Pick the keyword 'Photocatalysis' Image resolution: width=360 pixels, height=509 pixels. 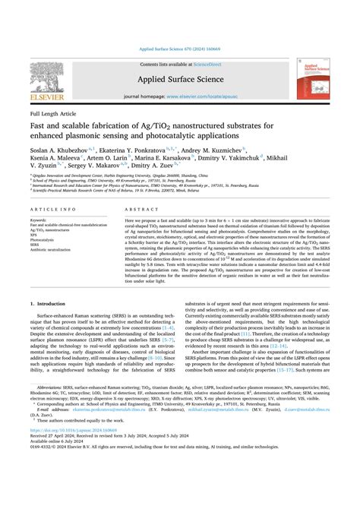45,239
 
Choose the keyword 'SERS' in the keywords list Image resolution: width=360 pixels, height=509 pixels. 36,245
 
